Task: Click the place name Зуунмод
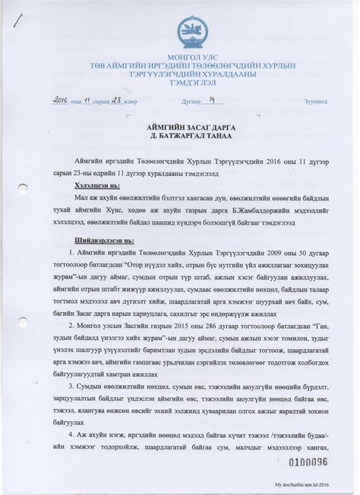pyautogui.click(x=315, y=101)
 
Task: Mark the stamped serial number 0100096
pyautogui.click(x=306, y=461)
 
